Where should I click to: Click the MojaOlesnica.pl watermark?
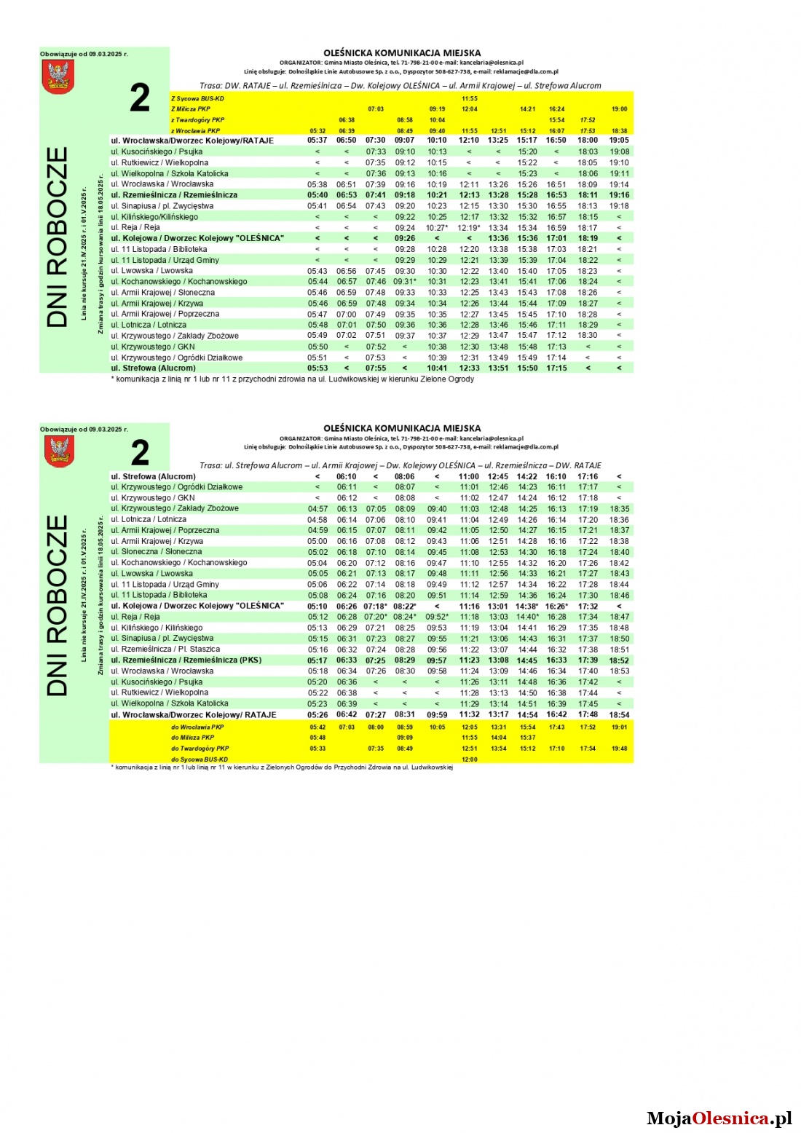719,1118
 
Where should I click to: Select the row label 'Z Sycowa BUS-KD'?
197,98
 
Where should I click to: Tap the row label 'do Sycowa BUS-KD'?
199,759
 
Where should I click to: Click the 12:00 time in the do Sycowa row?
470,759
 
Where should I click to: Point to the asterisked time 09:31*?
405,282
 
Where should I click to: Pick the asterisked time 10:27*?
437,228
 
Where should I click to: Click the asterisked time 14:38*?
527,607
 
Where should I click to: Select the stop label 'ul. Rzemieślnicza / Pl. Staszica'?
165,650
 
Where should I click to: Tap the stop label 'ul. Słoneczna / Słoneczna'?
157,552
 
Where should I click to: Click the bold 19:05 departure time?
619,141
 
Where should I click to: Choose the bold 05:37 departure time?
317,141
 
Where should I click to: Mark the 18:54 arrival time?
619,715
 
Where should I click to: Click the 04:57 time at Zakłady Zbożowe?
317,509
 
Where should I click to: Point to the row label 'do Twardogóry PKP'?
200,748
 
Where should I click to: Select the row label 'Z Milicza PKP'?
191,109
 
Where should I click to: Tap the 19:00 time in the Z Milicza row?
619,109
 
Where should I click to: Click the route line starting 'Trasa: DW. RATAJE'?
400,86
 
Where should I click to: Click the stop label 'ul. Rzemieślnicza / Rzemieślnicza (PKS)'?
186,660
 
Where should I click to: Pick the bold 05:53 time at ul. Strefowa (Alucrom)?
317,368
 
